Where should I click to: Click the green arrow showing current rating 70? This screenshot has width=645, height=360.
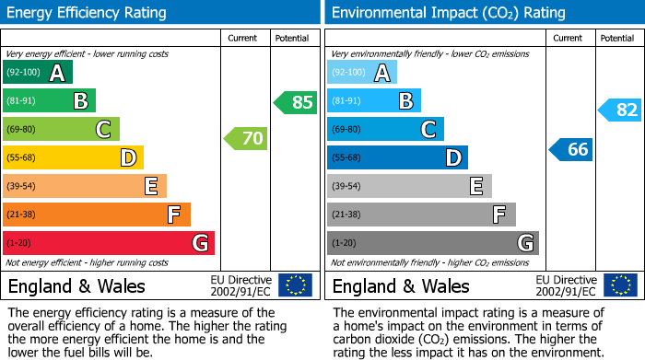coord(245,139)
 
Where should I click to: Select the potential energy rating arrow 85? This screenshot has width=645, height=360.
coord(295,102)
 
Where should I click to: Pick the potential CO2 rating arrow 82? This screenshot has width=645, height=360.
coord(619,110)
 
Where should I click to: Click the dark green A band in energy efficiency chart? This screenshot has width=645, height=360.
coord(38,73)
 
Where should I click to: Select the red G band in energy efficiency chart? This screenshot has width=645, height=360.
coord(109,243)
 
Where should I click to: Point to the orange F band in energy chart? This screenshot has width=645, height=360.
coord(97,215)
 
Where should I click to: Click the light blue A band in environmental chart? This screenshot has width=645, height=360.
coord(362,73)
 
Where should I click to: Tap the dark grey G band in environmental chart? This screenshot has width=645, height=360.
coord(432,243)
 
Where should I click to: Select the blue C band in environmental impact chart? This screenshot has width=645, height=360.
coord(385,130)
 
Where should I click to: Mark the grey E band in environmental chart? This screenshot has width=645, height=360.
coord(409,186)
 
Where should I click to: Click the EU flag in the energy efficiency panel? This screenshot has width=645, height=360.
coord(295,285)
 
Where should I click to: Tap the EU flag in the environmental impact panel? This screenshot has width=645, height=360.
coord(619,285)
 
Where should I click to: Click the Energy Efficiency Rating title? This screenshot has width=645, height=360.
coord(88,13)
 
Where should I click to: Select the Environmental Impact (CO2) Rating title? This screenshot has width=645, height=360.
coord(435,13)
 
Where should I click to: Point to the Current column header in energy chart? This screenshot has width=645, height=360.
coord(244,38)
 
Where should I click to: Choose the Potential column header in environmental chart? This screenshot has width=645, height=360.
coord(617,38)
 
